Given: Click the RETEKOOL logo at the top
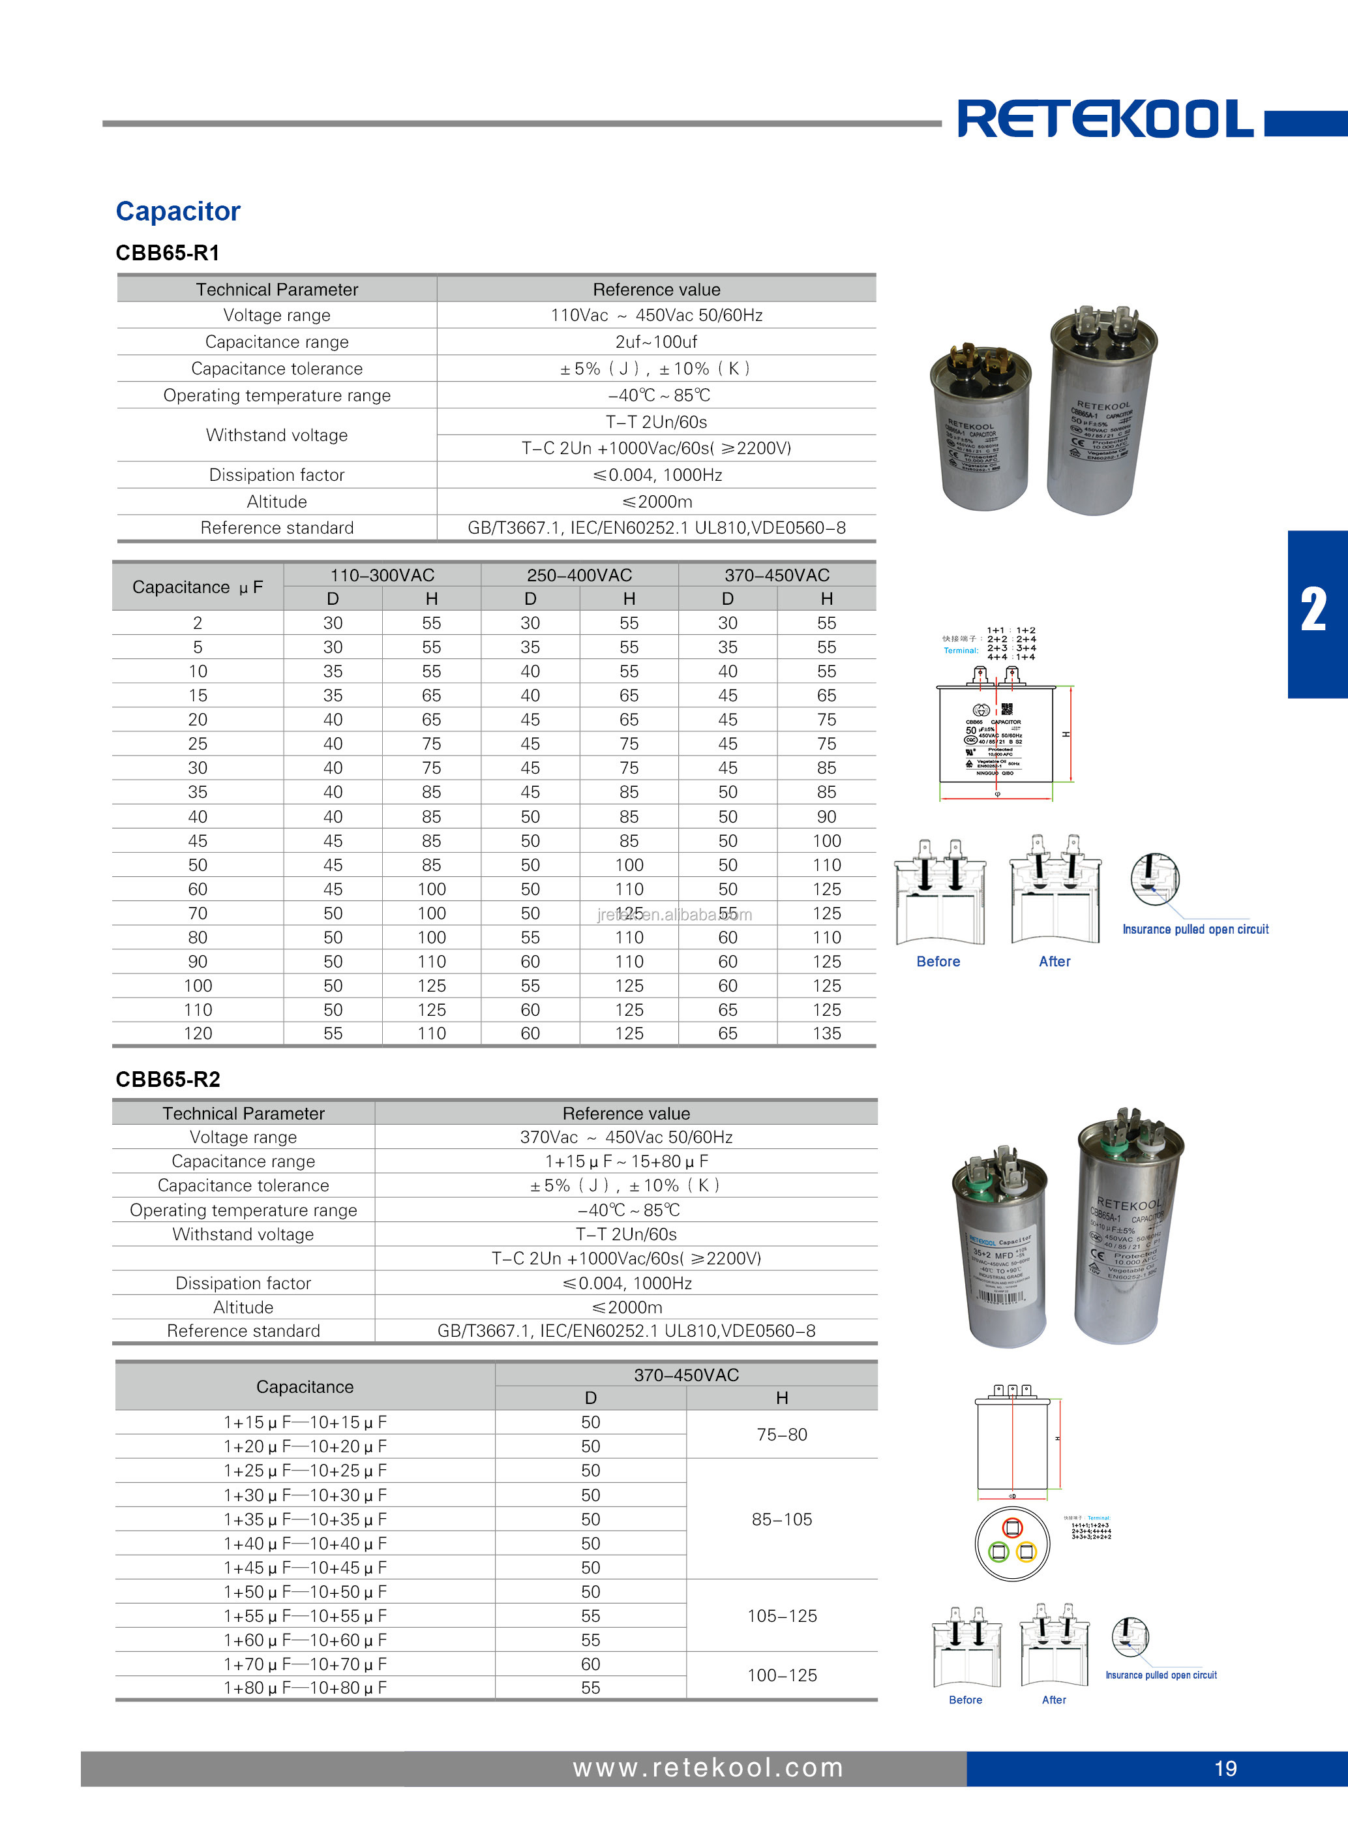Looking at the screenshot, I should coord(1105,120).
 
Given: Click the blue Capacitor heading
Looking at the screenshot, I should coord(178,211).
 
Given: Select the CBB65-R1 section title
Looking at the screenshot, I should coord(167,253).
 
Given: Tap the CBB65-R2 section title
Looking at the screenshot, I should coord(167,1079).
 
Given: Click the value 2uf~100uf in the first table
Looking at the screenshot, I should coord(656,342).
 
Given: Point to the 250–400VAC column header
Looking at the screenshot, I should coord(579,575).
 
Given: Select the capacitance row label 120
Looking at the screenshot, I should coord(198,1033).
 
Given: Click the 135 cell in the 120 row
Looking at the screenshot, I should coord(826,1033).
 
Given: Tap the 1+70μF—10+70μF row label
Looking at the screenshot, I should coord(305,1664).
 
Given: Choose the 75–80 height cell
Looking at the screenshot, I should coord(782,1434).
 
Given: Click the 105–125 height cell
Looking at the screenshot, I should coord(782,1615).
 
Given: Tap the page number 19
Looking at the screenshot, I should coord(1225,1768).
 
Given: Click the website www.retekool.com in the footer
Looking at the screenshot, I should coord(708,1767).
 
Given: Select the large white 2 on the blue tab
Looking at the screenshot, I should coord(1313,611).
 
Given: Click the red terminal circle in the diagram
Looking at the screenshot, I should coord(1013,1528).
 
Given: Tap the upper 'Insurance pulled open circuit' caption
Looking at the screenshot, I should coord(1195,929).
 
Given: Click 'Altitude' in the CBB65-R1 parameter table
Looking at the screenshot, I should coord(277,502).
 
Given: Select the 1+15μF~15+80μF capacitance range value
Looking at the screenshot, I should coord(626,1161).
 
